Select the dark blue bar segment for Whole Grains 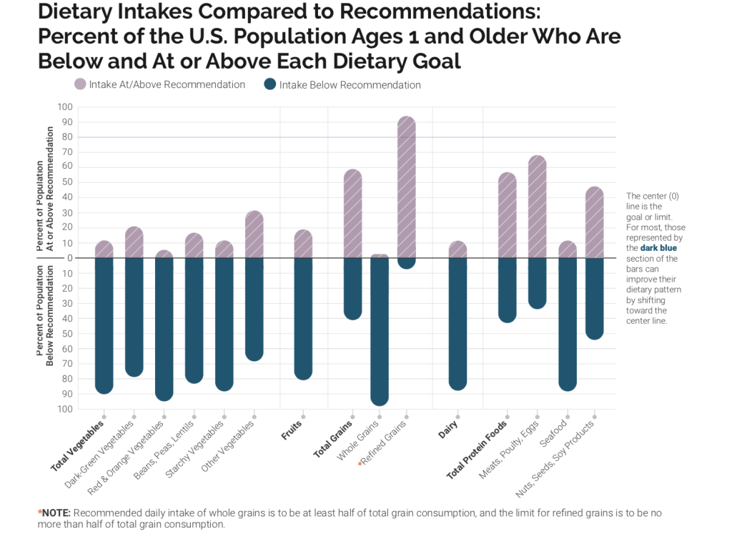(380, 329)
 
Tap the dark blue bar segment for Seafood (568, 322)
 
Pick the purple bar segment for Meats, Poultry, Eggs (538, 207)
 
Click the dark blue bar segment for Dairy (457, 322)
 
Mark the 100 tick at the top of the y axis (65, 107)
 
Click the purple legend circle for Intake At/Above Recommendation (80, 84)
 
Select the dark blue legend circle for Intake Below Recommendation (270, 84)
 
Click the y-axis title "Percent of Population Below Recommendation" (45, 315)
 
